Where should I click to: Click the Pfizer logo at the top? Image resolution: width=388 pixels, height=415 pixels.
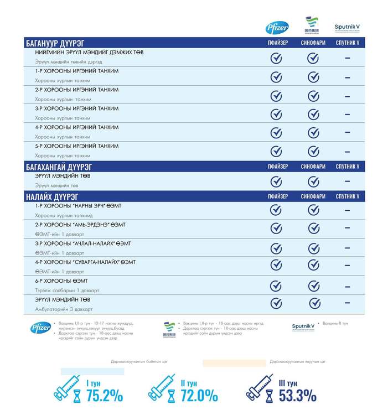pos(277,27)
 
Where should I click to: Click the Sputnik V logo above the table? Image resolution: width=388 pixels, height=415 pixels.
pos(347,27)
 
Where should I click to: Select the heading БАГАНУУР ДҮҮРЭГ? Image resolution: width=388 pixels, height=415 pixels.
pos(59,43)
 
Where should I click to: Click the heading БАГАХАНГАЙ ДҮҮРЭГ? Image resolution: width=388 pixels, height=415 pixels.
pos(59,167)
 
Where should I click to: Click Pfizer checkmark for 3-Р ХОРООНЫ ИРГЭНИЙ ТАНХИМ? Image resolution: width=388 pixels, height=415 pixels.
pos(276,114)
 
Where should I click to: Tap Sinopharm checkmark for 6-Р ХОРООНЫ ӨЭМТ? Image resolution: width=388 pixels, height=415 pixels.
pos(313,286)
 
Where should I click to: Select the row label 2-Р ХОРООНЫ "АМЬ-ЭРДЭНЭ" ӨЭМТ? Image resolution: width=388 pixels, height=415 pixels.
pos(80,225)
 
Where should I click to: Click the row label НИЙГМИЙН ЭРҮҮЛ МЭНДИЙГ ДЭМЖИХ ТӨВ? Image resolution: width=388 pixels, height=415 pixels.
pos(89,53)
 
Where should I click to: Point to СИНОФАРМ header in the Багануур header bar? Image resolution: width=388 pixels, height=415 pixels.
pos(313,43)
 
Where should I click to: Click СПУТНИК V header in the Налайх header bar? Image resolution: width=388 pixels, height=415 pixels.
pos(348,196)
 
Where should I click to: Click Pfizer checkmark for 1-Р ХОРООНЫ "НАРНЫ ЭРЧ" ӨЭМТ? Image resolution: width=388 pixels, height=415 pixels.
pos(276,210)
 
